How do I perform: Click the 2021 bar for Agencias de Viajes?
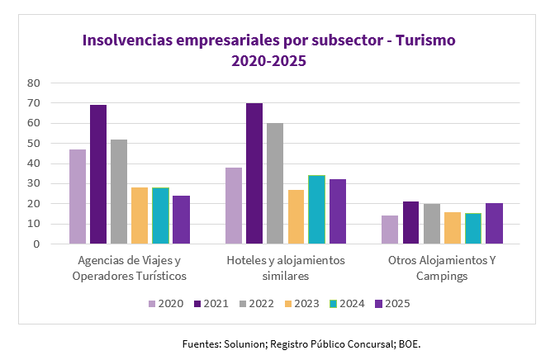coord(98,174)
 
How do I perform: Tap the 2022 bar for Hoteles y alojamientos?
coord(275,183)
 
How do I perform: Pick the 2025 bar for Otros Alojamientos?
coord(494,224)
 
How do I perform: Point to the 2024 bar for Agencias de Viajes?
coord(160,216)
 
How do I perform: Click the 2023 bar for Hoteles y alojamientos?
coord(296,216)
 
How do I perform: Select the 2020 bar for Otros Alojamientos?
coord(390,230)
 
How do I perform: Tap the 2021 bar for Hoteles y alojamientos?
coord(254,173)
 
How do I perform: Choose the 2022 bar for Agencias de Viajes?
coord(119,192)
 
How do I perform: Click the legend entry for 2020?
coord(165,304)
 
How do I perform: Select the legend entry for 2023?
coord(301,304)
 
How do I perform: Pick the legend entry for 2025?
coord(391,304)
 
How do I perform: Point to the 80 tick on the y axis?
coord(34,83)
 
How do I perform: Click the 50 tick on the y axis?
coord(34,144)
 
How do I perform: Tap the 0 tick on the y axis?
coord(36,244)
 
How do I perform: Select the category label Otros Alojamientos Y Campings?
coord(442,268)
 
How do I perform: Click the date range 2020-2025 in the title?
coord(268,60)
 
